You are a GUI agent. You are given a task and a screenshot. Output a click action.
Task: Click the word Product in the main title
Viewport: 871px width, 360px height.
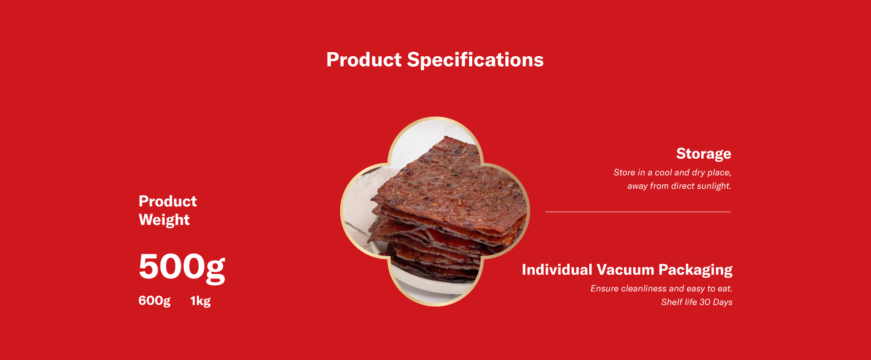point(364,60)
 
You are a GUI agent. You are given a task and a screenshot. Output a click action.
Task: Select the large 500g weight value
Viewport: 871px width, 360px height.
point(182,267)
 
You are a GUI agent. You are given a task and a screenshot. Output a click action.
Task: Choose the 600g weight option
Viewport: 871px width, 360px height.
point(154,301)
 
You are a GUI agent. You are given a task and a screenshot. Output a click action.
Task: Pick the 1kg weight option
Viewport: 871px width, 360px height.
point(201,301)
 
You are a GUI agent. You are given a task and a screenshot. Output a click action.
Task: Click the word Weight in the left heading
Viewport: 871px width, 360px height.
point(164,220)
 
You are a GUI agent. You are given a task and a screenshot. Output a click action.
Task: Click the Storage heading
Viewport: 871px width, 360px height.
point(704,154)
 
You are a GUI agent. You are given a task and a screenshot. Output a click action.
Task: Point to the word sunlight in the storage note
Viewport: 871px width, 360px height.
point(714,186)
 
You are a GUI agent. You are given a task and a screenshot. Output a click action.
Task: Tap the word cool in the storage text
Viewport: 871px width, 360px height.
point(663,173)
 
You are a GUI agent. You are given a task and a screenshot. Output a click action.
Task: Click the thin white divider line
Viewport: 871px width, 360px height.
point(638,212)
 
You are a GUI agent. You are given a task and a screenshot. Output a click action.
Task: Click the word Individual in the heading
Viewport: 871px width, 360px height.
point(557,270)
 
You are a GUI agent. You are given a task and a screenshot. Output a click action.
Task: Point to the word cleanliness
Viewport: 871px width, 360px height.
point(644,289)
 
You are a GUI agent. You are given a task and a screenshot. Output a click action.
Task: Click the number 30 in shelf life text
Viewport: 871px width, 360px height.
point(705,302)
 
